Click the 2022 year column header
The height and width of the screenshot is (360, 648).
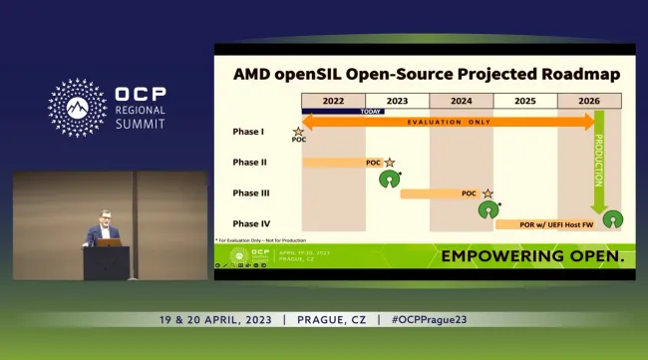tap(333, 101)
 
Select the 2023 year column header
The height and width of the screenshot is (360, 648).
tap(397, 101)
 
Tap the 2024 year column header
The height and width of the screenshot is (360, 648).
tap(461, 101)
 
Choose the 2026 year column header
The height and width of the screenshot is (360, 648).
tap(590, 101)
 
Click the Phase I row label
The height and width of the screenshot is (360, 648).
tap(248, 131)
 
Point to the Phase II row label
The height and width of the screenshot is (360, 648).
tap(249, 162)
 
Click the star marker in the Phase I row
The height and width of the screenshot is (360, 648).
tap(298, 132)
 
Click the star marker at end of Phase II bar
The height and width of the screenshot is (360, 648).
tap(390, 162)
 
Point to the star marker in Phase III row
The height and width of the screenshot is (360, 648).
tap(487, 192)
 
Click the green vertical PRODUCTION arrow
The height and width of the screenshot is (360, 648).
tap(599, 170)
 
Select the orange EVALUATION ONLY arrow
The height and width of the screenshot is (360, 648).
tap(449, 121)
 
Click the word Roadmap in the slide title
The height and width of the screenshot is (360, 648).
tap(571, 74)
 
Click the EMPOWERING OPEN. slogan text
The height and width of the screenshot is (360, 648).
tap(532, 256)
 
